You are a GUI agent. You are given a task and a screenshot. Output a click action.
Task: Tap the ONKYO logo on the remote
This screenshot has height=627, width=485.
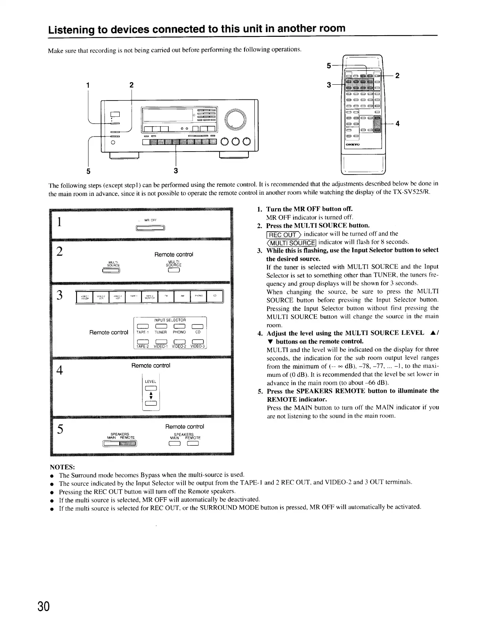point(352,145)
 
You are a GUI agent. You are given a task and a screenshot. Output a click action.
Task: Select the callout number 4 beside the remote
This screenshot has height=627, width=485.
point(397,123)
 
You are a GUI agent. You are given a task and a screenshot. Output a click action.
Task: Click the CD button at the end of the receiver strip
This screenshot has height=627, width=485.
point(215,296)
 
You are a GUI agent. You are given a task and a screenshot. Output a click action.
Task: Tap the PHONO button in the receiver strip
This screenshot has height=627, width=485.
point(198,296)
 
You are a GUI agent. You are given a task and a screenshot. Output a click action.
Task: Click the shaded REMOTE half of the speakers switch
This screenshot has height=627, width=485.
point(128,444)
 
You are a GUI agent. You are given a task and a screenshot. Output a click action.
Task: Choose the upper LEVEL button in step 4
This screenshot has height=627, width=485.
point(151,388)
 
